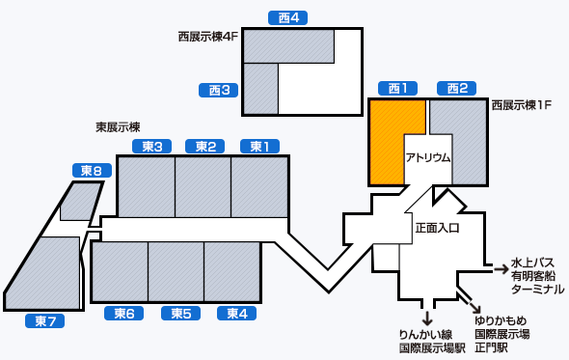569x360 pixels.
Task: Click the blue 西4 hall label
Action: (x=287, y=17)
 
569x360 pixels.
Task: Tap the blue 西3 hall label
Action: (x=219, y=91)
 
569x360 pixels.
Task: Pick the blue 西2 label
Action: (x=456, y=89)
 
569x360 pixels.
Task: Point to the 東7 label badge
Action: (x=45, y=320)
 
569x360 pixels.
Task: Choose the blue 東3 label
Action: (x=150, y=147)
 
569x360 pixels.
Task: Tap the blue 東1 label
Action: (x=259, y=147)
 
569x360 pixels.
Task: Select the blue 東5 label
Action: (x=180, y=313)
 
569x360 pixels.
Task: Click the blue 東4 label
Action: (x=236, y=313)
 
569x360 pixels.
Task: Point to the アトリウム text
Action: (x=427, y=158)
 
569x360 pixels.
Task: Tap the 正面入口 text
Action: (x=437, y=229)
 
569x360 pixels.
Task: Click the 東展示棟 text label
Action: (x=119, y=126)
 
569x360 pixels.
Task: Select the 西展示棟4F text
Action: (x=206, y=37)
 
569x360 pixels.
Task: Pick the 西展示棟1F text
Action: (x=521, y=104)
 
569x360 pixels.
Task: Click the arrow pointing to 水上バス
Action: (x=500, y=266)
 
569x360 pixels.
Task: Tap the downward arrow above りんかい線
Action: (x=426, y=318)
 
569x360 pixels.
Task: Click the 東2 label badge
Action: (x=205, y=147)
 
